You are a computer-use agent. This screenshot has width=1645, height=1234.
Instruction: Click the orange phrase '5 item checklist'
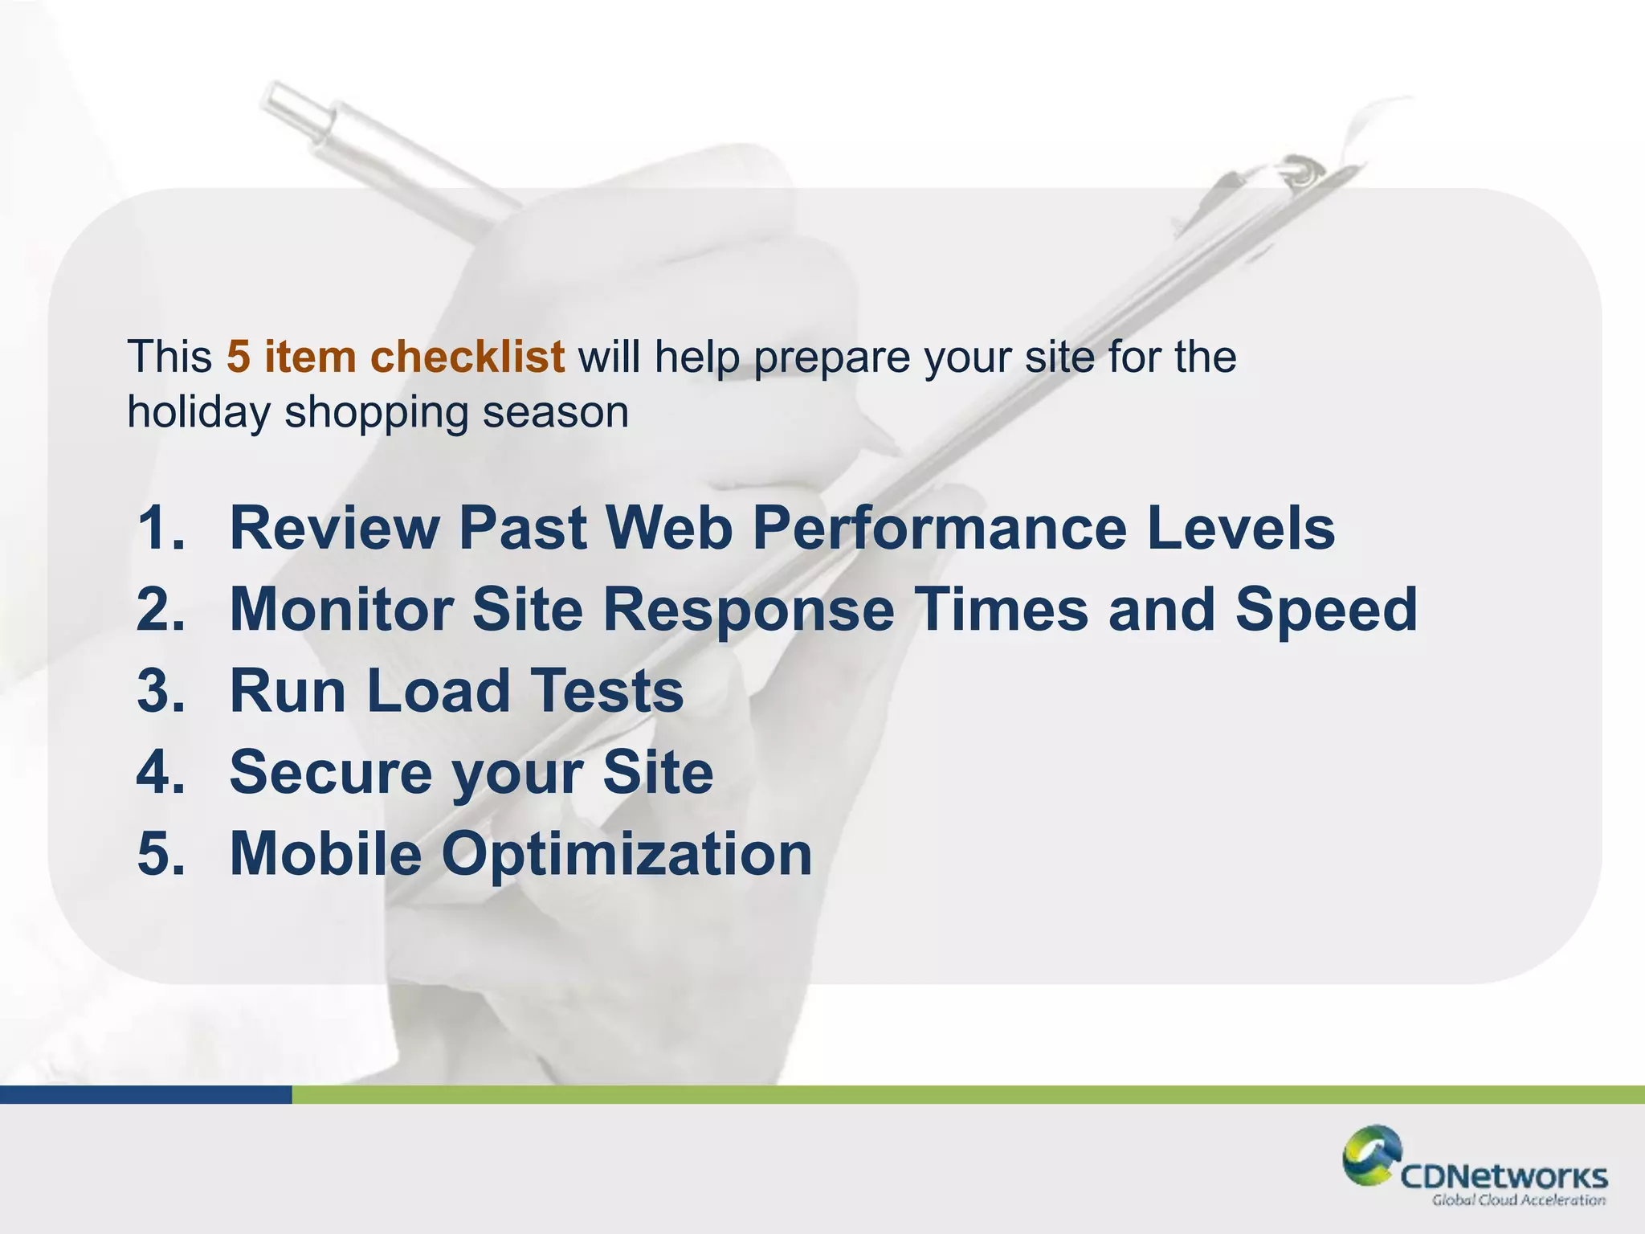394,357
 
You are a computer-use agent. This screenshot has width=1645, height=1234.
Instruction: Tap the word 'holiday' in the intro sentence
198,413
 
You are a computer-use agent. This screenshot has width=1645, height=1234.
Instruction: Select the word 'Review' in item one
335,529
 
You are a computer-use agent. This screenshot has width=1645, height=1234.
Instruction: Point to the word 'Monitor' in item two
342,610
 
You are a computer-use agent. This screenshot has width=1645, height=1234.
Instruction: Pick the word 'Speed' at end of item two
1325,610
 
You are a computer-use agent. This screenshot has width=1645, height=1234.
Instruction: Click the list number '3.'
161,691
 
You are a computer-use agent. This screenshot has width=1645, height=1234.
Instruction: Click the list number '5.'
161,853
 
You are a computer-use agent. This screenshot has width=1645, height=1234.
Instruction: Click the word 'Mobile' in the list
325,853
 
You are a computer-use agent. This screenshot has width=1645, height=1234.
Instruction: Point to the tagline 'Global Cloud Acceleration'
1518,1200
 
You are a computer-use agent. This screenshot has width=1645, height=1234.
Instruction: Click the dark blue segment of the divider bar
145,1094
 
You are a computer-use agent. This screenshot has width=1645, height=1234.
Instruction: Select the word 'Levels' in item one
1241,529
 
